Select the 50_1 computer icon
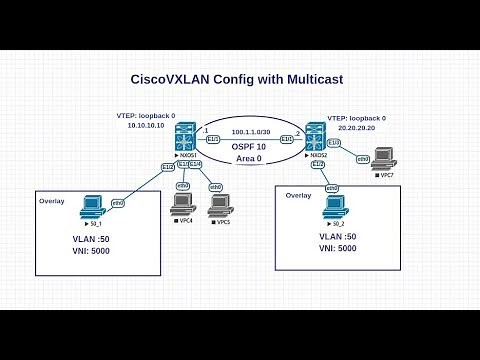95,207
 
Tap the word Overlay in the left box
52,200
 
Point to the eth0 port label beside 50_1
118,202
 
